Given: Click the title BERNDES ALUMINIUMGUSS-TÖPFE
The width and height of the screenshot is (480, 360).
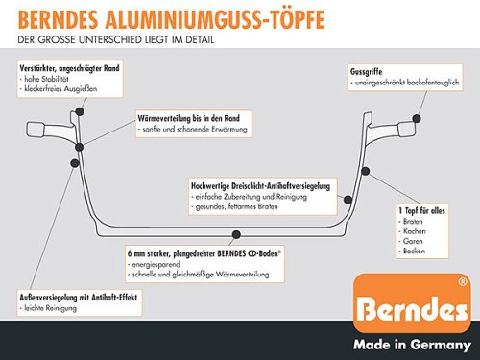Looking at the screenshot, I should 182,19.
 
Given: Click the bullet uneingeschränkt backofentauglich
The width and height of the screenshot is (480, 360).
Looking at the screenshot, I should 404,82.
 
